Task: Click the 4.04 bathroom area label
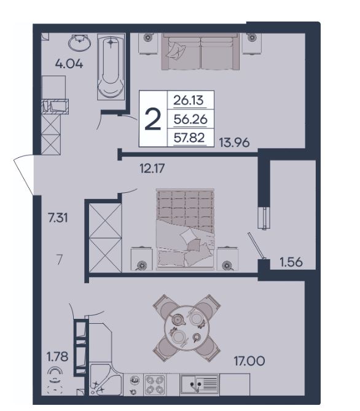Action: point(69,64)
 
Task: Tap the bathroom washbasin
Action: point(80,42)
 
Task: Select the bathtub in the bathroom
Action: point(111,66)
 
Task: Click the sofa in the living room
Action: point(200,52)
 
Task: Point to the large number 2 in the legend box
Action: point(152,119)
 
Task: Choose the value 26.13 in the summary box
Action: point(189,100)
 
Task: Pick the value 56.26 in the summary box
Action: point(190,120)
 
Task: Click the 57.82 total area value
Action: point(189,138)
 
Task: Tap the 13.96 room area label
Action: point(234,143)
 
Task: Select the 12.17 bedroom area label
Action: point(152,168)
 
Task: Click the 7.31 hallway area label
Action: point(58,218)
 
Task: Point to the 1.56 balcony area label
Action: point(291,262)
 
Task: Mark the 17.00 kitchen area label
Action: point(249,361)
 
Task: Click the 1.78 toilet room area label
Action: point(57,357)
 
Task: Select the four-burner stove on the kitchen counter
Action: point(155,385)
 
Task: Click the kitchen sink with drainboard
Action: point(199,384)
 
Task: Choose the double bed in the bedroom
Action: point(185,229)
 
